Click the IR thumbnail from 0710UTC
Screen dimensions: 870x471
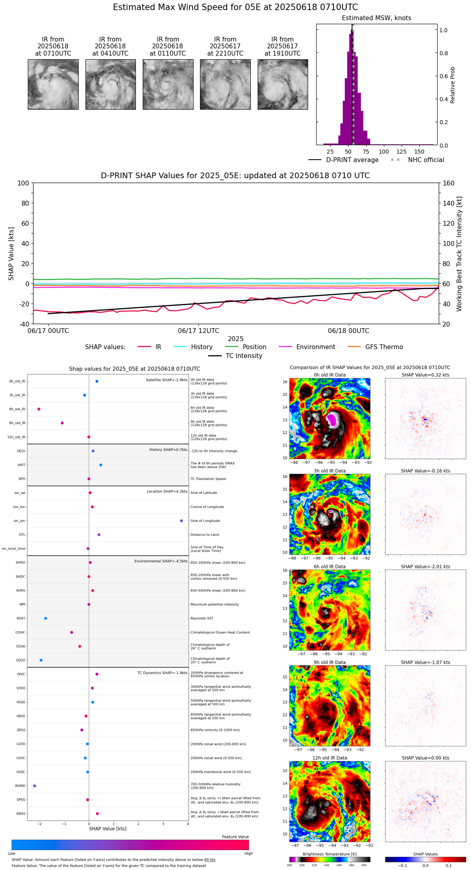pos(53,84)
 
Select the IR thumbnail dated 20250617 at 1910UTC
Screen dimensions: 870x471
pos(283,84)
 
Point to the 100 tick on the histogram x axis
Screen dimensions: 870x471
pos(384,152)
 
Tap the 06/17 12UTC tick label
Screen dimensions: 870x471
pos(198,331)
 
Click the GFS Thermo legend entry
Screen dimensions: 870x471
pos(384,347)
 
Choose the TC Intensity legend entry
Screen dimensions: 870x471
pos(244,356)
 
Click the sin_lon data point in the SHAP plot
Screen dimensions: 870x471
pos(181,521)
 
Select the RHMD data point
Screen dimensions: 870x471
pos(35,786)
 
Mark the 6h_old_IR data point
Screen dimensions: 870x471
pos(39,409)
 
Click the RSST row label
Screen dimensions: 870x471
pos(21,618)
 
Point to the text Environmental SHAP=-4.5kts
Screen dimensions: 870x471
pos(161,561)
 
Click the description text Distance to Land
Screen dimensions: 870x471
pos(204,535)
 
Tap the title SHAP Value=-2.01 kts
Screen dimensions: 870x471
pos(425,567)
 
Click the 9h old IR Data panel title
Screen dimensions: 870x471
pos(329,662)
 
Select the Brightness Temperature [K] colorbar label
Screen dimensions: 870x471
pos(329,854)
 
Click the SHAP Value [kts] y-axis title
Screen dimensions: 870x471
pos(11,254)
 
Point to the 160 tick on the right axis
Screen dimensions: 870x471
pos(449,183)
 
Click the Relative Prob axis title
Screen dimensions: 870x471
pos(453,85)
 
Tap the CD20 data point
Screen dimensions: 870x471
pos(41,660)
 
